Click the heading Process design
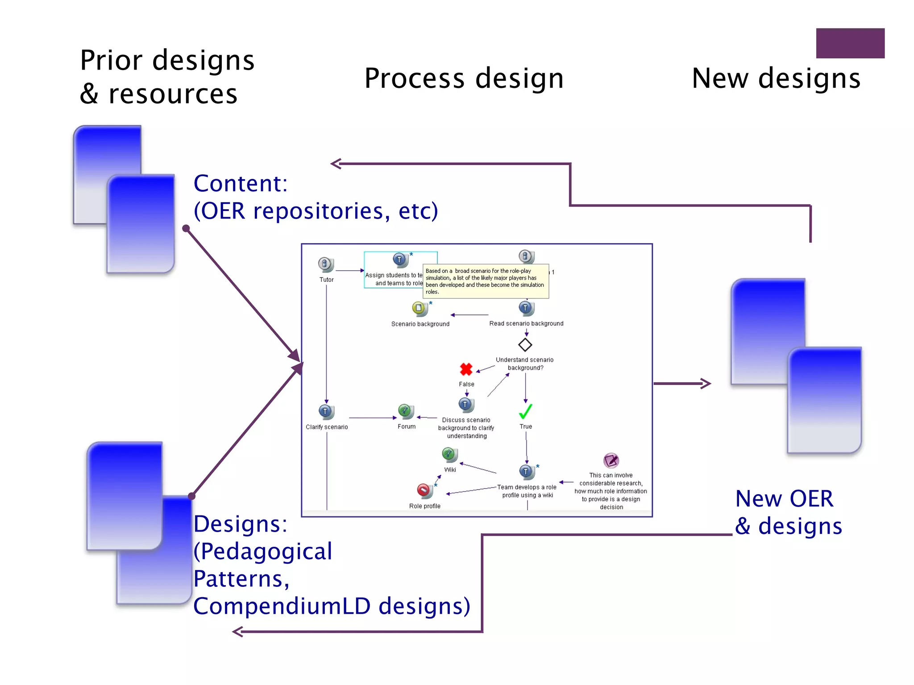coord(464,78)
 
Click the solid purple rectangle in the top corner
coord(850,43)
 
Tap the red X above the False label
coord(466,369)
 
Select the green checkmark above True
coord(525,411)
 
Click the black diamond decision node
coord(525,345)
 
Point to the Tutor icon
coord(325,264)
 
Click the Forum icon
coord(406,411)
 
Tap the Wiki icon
coord(449,454)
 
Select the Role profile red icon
coord(424,491)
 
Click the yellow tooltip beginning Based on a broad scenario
coord(485,281)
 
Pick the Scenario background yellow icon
coord(419,308)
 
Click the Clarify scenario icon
coord(326,412)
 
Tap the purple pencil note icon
coord(611,460)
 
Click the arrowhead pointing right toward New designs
coord(706,384)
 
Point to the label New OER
coord(784,499)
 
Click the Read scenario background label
coord(526,324)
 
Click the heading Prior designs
coord(167,60)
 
